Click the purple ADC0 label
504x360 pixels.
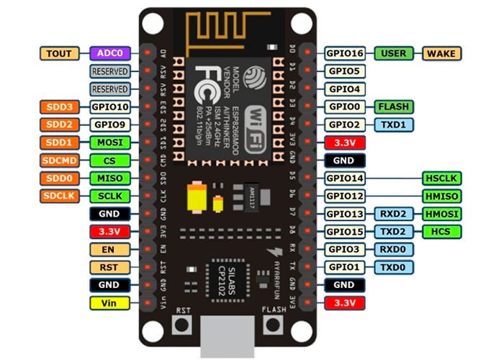tap(110, 53)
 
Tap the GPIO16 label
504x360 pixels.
tap(346, 53)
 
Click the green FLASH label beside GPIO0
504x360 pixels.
tap(394, 107)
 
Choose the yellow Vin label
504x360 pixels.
tap(110, 303)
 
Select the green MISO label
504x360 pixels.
tap(110, 178)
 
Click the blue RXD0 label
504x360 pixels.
tap(394, 249)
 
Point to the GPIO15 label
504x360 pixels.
tap(346, 231)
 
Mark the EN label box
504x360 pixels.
tap(110, 249)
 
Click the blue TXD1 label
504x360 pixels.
tap(394, 125)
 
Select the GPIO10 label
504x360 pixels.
tap(110, 107)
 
